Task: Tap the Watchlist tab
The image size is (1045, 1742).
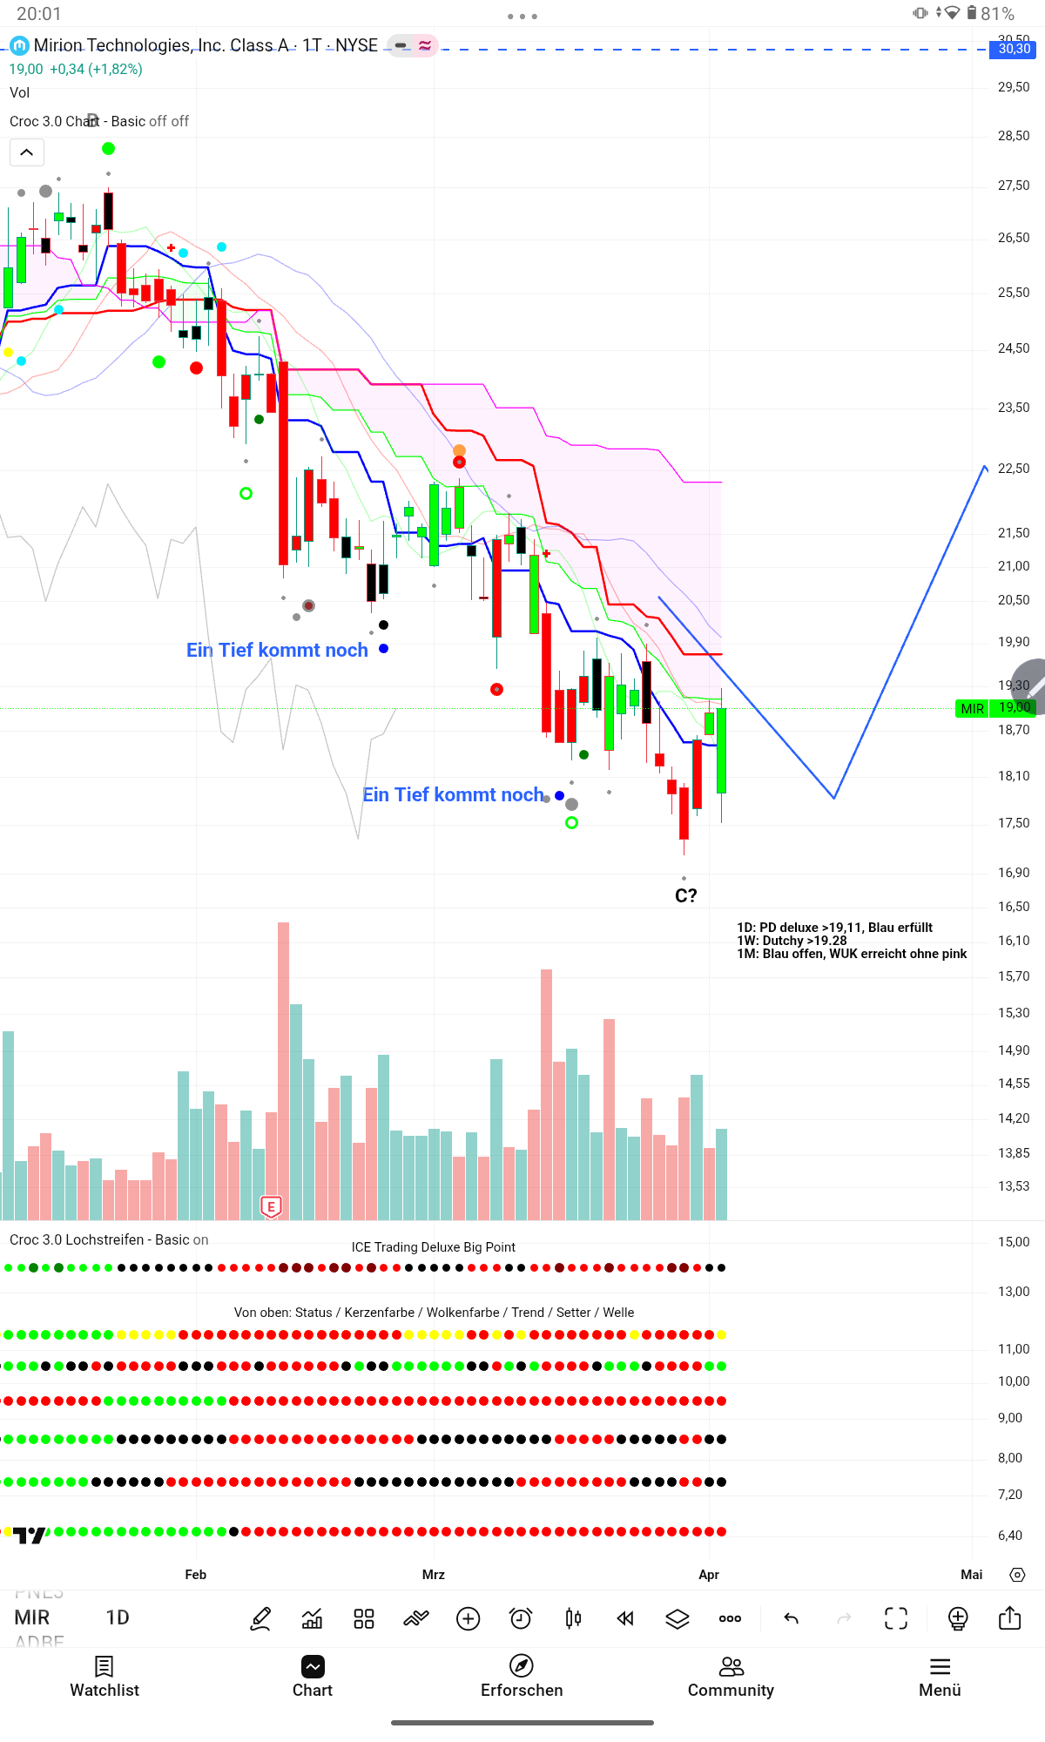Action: click(104, 1677)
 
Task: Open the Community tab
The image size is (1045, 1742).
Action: click(731, 1677)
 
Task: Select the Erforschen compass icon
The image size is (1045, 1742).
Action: click(522, 1666)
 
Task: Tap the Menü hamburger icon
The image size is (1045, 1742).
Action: click(940, 1667)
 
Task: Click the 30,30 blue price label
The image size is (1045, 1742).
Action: click(1014, 49)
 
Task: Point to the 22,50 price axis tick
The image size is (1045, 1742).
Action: click(1014, 469)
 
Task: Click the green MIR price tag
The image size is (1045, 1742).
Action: click(973, 709)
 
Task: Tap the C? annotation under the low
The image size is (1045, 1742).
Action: click(686, 895)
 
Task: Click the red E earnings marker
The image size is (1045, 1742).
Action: click(272, 1206)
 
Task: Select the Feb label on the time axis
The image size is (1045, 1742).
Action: click(196, 1575)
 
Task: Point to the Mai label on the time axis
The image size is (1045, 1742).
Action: click(972, 1575)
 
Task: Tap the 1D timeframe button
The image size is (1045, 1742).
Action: click(118, 1618)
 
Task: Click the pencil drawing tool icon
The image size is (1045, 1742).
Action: click(260, 1619)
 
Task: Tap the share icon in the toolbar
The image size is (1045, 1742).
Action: click(1009, 1618)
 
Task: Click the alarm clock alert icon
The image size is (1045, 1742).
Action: click(521, 1619)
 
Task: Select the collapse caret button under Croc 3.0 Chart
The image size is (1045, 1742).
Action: click(27, 152)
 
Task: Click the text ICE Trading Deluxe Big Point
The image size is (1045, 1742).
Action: click(434, 1247)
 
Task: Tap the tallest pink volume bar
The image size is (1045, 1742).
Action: click(284, 1071)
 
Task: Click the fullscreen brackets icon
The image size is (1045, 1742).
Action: click(896, 1619)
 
